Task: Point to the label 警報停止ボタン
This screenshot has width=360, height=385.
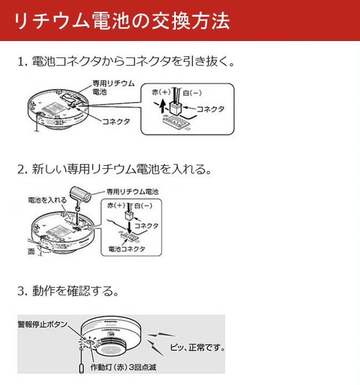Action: click(x=42, y=324)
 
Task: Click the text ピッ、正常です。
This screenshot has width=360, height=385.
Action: click(x=196, y=348)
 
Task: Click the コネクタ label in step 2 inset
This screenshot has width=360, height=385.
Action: click(x=147, y=226)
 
